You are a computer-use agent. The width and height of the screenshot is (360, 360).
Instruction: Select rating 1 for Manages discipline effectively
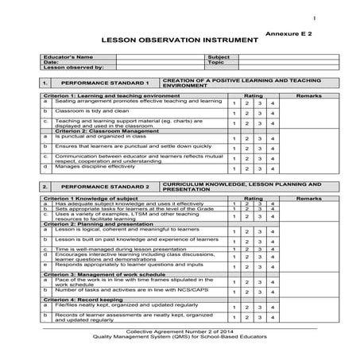pos(234,169)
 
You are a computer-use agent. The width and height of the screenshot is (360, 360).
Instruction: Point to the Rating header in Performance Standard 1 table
pos(253,95)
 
